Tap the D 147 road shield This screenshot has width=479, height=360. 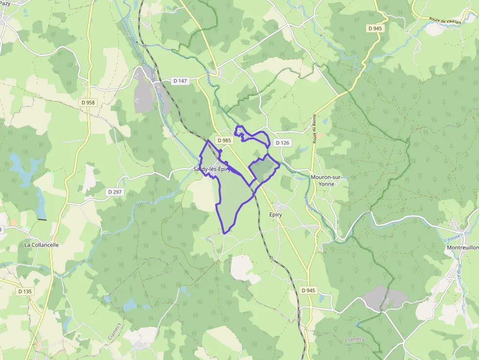(180, 81)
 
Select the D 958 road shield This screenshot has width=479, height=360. (88, 103)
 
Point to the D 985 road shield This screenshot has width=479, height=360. (224, 140)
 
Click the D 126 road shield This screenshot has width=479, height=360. (283, 143)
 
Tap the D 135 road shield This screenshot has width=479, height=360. (25, 292)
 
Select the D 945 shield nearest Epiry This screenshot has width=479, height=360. (308, 290)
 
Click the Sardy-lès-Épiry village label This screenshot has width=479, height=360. (211, 169)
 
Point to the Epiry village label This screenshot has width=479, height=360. (276, 214)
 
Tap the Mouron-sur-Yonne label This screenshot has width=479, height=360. (329, 177)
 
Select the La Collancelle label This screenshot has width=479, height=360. (42, 245)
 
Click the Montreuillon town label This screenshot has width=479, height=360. (462, 248)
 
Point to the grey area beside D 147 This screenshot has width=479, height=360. (145, 93)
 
